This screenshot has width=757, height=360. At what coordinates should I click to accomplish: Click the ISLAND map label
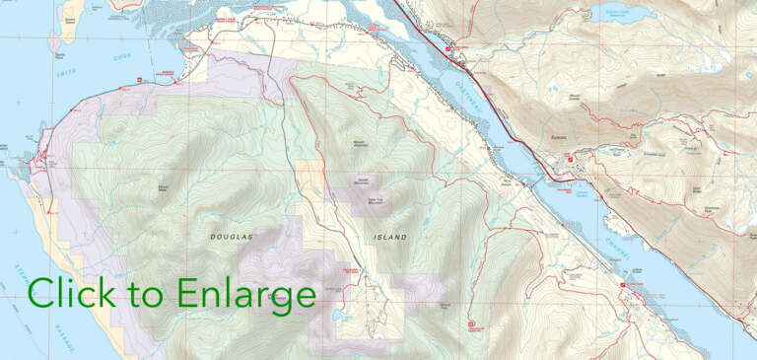(389, 238)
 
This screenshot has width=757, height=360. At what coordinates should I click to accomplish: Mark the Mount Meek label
(165, 186)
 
